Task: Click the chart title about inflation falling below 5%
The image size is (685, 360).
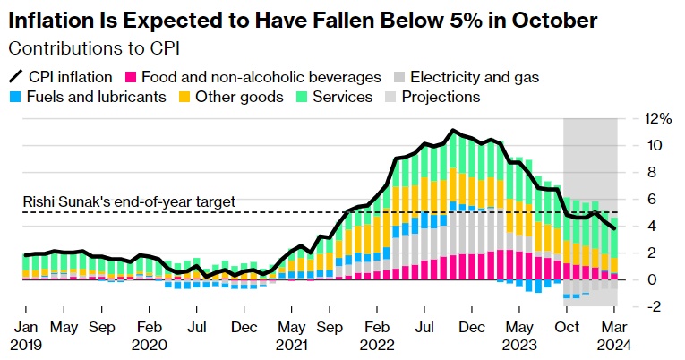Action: pos(304,19)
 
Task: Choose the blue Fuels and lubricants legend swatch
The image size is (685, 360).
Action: pos(16,97)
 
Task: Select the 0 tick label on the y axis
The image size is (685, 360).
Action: pos(652,279)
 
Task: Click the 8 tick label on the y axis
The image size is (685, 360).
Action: pos(652,172)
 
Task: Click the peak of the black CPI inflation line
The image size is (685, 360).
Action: pos(454,131)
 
